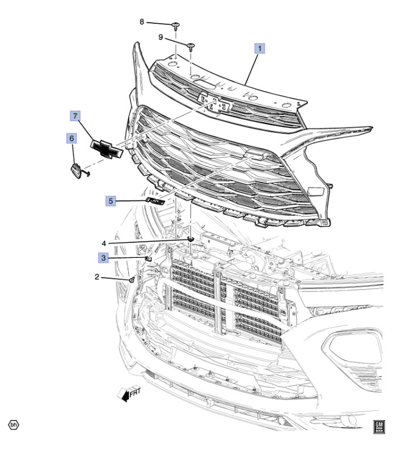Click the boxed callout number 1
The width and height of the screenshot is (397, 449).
[260, 48]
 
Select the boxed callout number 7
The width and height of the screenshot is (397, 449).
[75, 116]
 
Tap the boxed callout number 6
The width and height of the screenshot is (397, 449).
[71, 138]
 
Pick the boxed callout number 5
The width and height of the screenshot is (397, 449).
[111, 201]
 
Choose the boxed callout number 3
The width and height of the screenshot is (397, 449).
[103, 258]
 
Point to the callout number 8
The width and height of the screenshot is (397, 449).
[142, 22]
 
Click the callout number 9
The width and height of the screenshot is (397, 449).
[161, 37]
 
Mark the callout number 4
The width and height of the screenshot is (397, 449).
[104, 243]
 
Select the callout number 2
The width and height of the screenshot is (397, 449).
[97, 277]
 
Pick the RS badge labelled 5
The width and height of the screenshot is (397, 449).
[155, 201]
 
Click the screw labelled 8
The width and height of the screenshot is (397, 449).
[176, 26]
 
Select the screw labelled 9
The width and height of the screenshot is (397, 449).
[191, 46]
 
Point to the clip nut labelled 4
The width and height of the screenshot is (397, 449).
[190, 239]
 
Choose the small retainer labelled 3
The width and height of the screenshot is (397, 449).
[149, 259]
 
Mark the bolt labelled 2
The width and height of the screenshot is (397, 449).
[132, 279]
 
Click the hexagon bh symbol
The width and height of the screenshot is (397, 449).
[14, 425]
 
